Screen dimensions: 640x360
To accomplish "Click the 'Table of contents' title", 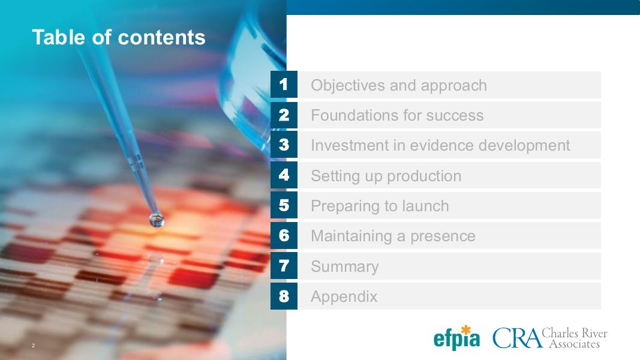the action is coord(119,37).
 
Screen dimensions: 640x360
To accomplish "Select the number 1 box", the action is coord(284,85).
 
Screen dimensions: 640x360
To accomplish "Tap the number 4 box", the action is coord(284,175).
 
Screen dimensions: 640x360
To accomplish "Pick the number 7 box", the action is coord(284,266).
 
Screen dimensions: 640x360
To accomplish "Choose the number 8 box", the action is coord(284,296).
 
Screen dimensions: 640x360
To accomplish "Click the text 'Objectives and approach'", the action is coord(399,85).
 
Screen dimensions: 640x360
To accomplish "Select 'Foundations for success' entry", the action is coord(397,115).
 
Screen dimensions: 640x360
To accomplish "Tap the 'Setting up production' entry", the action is coord(386,176).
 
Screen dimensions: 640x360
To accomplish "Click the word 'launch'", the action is coord(425,206).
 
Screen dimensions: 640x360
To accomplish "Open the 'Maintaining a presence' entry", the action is coord(393,236).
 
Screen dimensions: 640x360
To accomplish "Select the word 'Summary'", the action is coord(345,266).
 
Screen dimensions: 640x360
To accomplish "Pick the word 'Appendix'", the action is coord(344,297).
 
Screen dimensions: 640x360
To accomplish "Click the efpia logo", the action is coord(456,338).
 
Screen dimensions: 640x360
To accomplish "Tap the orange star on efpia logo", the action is coord(465,330).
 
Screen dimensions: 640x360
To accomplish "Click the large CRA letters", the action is coord(517,338).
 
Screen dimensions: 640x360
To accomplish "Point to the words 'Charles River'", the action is coord(574,333).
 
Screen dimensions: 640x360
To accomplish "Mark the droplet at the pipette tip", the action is coord(157,220).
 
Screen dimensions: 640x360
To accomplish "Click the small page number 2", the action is coord(34,346).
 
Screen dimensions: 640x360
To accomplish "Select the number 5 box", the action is coord(284,205).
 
